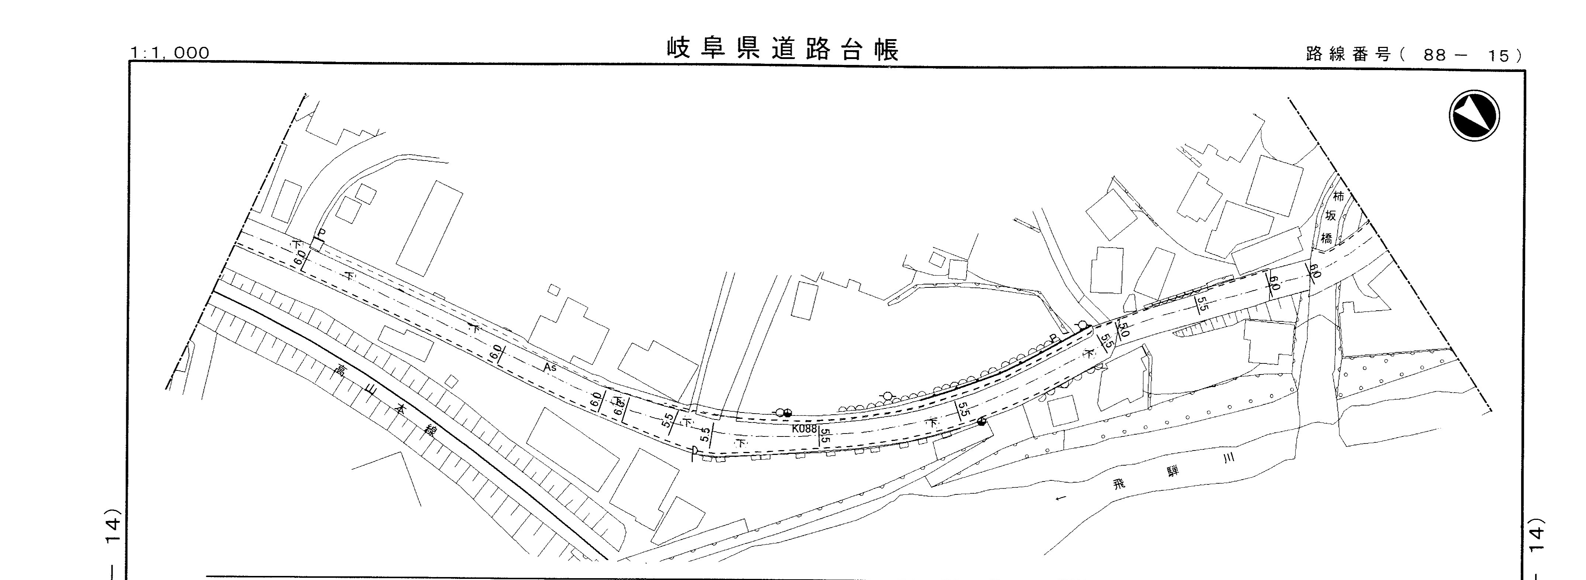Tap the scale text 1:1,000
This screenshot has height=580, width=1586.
pyautogui.click(x=170, y=53)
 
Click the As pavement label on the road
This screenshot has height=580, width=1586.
pyautogui.click(x=550, y=367)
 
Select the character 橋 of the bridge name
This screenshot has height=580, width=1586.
pyautogui.click(x=1326, y=238)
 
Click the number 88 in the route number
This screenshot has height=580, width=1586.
pyautogui.click(x=1434, y=55)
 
